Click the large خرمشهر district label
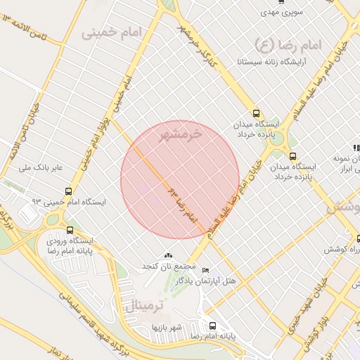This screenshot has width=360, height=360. pyautogui.click(x=185, y=134)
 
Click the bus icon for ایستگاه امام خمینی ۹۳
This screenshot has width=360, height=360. pyautogui.click(x=69, y=191)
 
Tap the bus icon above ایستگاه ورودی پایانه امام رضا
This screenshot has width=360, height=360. pyautogui.click(x=69, y=229)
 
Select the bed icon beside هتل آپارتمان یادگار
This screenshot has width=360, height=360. pyautogui.click(x=205, y=271)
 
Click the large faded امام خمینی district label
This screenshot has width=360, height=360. pyautogui.click(x=111, y=32)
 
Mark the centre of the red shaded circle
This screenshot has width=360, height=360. pyautogui.click(x=180, y=180)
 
